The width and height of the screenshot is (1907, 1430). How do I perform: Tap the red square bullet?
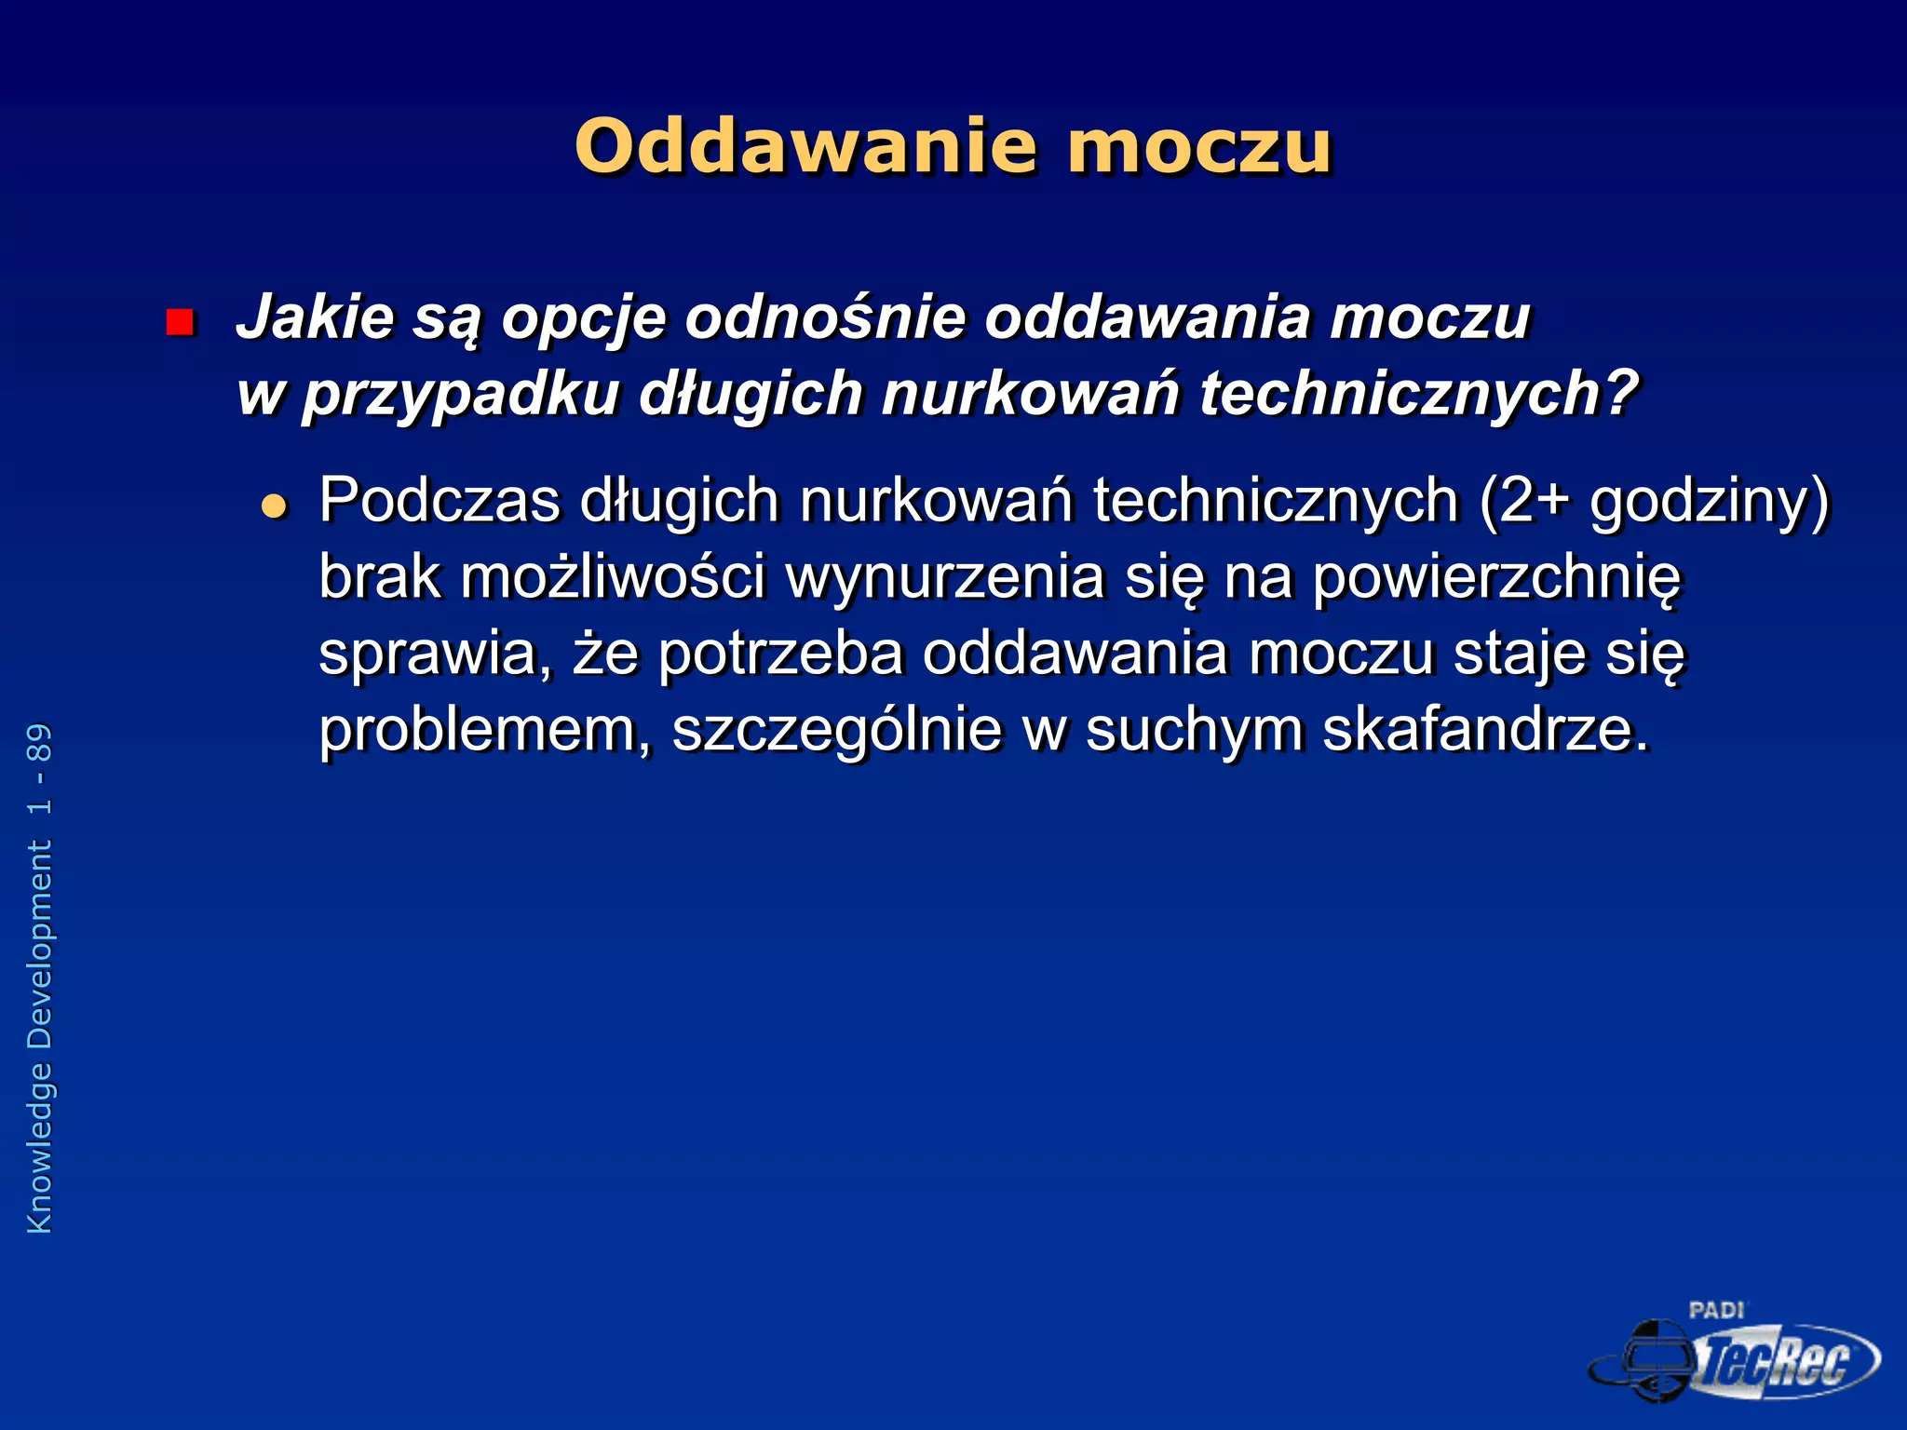[179, 322]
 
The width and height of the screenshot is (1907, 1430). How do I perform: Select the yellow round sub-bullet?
[275, 506]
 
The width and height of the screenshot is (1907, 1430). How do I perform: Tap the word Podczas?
[440, 501]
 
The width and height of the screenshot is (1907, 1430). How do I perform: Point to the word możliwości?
[613, 577]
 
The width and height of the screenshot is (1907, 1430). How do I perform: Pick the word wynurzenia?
[944, 577]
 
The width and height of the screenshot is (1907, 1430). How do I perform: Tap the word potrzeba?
[780, 654]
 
